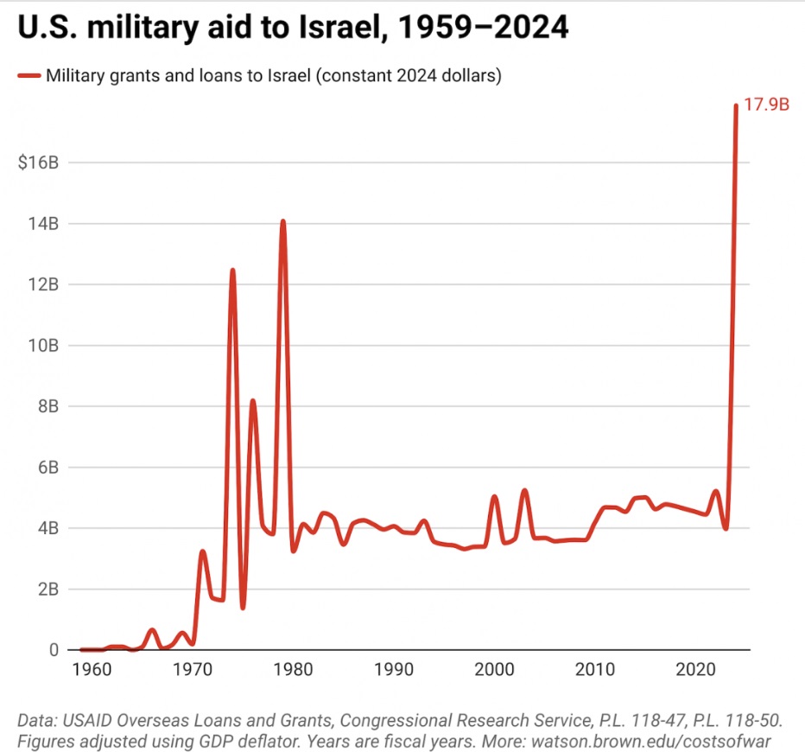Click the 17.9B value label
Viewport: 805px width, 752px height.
[767, 105]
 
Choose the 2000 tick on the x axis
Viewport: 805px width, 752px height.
[495, 669]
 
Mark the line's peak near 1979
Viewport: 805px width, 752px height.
[282, 222]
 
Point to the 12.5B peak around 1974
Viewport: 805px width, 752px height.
[232, 271]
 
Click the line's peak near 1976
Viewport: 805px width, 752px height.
[252, 401]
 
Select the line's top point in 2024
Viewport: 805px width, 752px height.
[736, 106]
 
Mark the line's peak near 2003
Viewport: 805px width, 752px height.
[524, 491]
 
